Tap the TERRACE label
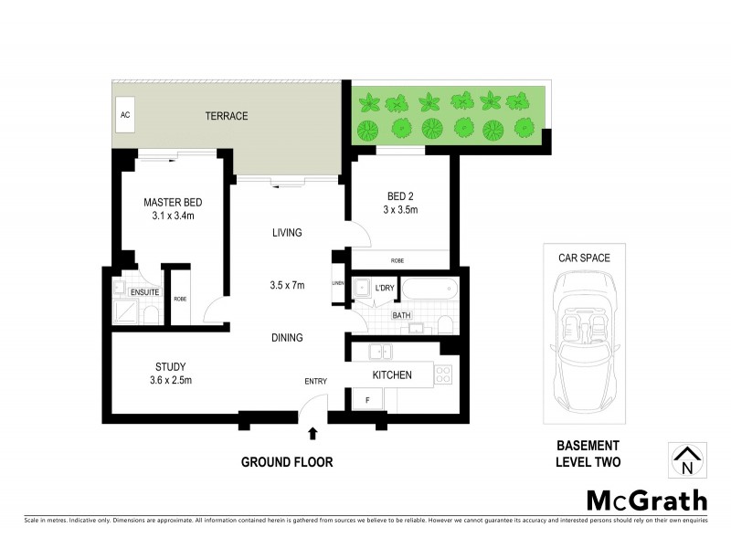(x=226, y=116)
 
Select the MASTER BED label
(x=173, y=202)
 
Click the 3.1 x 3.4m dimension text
(x=173, y=216)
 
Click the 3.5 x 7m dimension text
(x=287, y=285)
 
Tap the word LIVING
(x=287, y=233)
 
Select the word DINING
(x=287, y=338)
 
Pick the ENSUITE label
(x=144, y=292)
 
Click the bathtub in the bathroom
(x=428, y=290)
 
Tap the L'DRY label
(x=385, y=289)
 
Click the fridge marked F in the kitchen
(x=366, y=399)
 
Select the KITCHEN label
(x=391, y=374)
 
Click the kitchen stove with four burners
(x=442, y=374)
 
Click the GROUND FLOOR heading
(x=287, y=462)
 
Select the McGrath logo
(x=646, y=500)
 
